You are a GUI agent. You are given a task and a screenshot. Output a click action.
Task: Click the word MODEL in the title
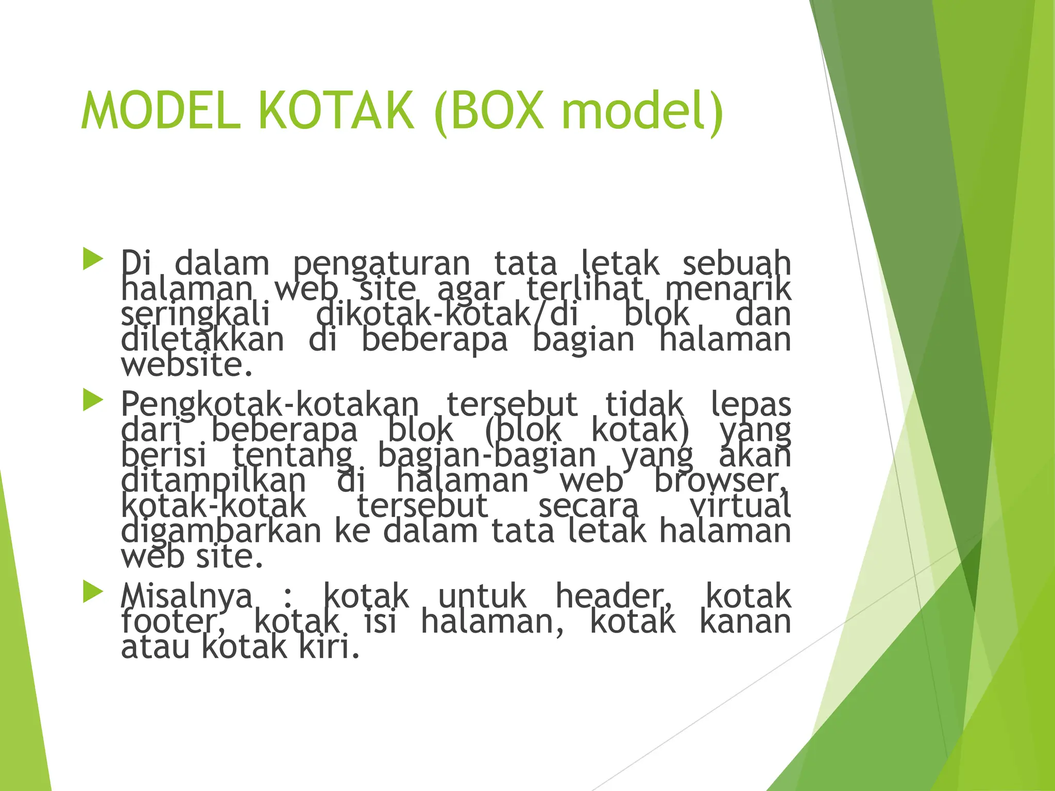click(x=160, y=111)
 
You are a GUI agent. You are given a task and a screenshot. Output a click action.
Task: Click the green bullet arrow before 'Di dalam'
click(x=93, y=259)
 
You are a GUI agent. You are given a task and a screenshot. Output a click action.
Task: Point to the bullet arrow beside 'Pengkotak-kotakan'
click(x=93, y=400)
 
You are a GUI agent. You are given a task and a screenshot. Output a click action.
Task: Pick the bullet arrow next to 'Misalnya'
click(x=93, y=592)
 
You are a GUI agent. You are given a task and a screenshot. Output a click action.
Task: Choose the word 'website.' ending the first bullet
click(x=187, y=365)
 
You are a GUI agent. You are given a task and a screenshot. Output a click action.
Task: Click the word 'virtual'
click(x=740, y=506)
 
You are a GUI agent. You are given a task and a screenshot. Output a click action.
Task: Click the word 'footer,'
click(x=173, y=622)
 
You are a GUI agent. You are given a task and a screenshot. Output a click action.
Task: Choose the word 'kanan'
click(x=745, y=622)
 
